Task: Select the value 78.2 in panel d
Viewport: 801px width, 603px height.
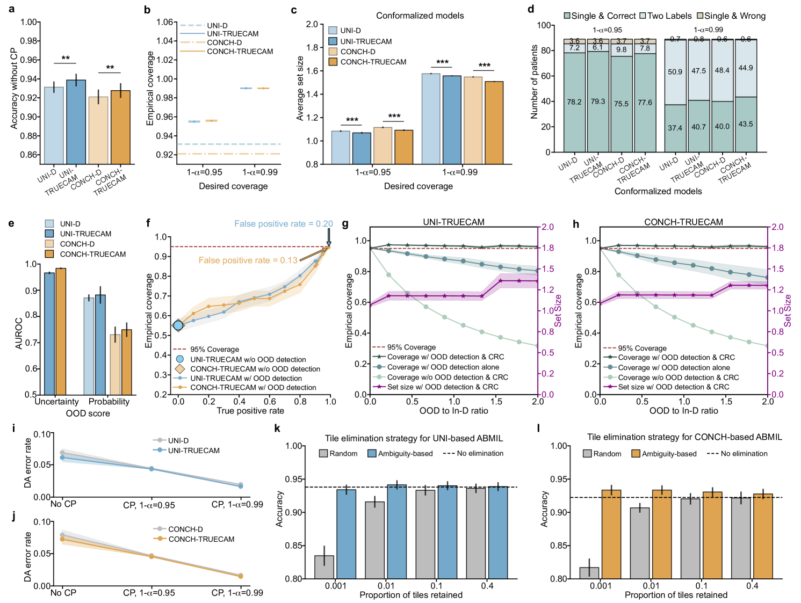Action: coord(574,102)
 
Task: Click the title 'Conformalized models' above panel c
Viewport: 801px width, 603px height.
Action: coord(420,16)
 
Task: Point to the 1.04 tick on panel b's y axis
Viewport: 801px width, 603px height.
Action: coord(164,41)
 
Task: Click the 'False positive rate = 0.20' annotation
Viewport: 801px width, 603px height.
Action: coord(283,224)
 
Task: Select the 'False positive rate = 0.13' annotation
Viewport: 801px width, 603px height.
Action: coord(248,260)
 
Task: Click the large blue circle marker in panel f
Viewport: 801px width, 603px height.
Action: coord(178,325)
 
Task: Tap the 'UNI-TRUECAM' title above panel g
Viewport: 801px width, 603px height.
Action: coord(453,222)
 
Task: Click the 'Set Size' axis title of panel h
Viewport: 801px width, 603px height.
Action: coord(788,310)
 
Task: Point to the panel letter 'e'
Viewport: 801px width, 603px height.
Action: coord(11,223)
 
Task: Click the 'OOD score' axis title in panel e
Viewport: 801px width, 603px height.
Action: coord(88,413)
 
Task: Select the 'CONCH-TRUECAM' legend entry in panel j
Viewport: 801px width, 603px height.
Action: coord(201,539)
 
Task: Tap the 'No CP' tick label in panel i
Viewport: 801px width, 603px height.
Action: coord(63,504)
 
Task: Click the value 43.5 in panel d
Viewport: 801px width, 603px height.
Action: coord(746,124)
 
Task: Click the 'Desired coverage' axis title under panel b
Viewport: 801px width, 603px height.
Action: coord(233,186)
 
